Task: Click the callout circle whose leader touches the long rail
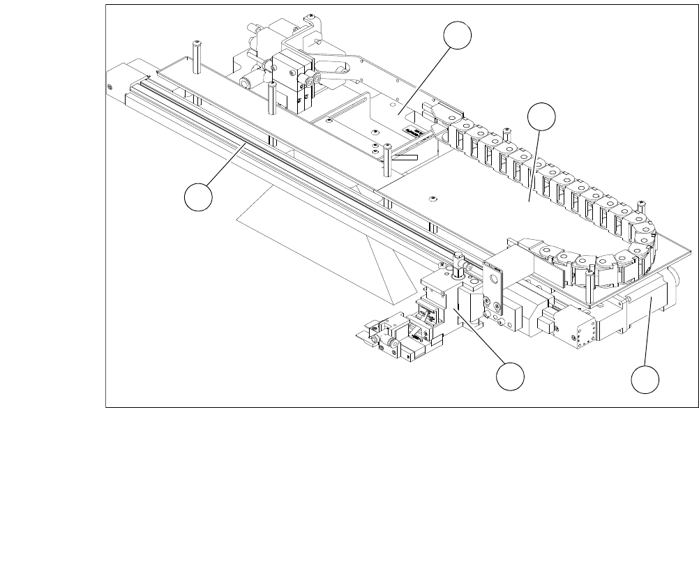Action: [x=199, y=197]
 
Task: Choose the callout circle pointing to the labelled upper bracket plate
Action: [x=458, y=36]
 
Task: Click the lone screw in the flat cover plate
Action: [x=433, y=199]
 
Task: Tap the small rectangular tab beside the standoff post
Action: [x=405, y=158]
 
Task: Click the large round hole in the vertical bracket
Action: [x=495, y=280]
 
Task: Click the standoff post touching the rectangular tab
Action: [x=386, y=160]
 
